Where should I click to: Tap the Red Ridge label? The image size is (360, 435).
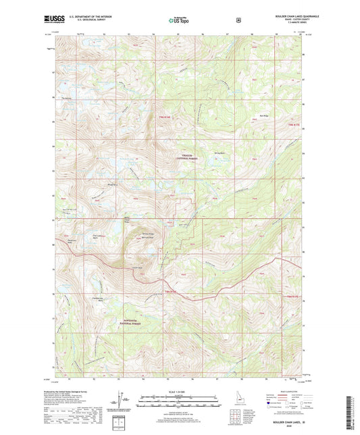[265, 116]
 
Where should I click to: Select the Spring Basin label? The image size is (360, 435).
[218, 153]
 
